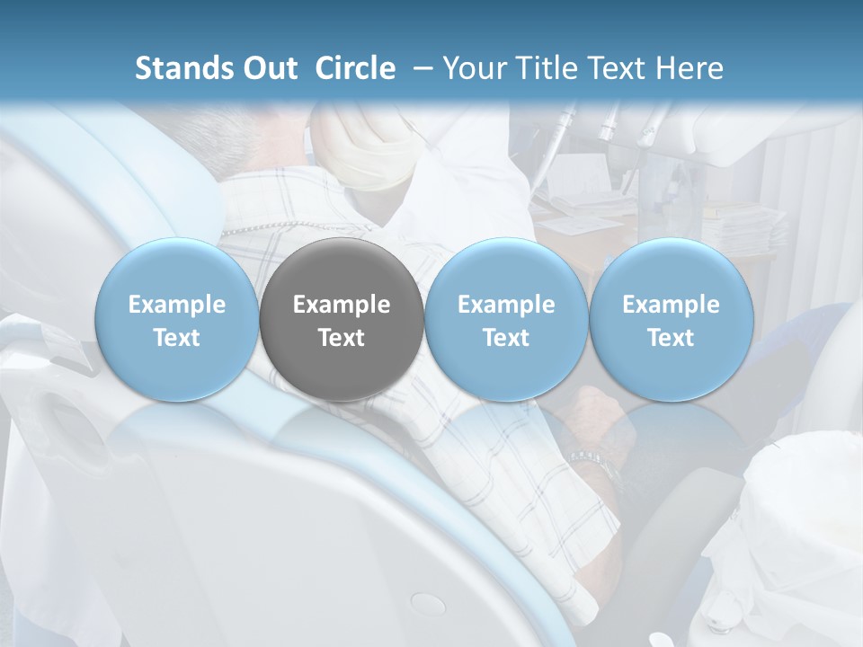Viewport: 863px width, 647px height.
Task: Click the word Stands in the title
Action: pyautogui.click(x=184, y=68)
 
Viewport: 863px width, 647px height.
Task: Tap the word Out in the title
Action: pyautogui.click(x=268, y=68)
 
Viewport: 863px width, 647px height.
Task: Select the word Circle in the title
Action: pyautogui.click(x=355, y=68)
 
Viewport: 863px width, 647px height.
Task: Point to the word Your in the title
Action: pyautogui.click(x=472, y=68)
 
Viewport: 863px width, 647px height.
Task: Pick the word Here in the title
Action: pyautogui.click(x=690, y=68)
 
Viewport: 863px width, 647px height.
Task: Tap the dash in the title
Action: pyautogui.click(x=420, y=68)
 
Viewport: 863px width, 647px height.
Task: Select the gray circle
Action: pyautogui.click(x=342, y=319)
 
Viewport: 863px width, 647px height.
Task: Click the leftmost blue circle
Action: pyautogui.click(x=176, y=319)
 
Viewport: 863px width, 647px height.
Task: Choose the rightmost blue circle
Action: pyautogui.click(x=671, y=319)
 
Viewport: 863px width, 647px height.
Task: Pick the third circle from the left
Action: pyautogui.click(x=506, y=319)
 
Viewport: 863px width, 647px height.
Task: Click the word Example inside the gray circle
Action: pyautogui.click(x=342, y=305)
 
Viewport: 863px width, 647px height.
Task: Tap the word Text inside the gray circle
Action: pyautogui.click(x=342, y=338)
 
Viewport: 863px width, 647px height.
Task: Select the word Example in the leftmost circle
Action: pyautogui.click(x=176, y=305)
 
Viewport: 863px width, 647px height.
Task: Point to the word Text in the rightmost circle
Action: pyautogui.click(x=671, y=338)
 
